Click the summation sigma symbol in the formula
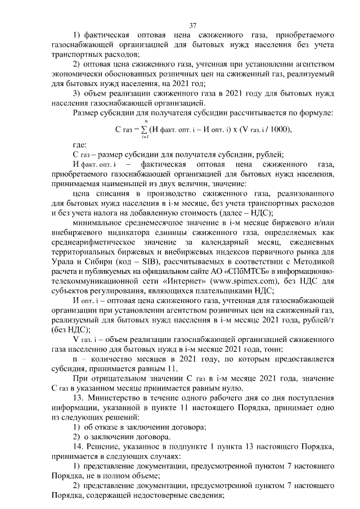pos(146,130)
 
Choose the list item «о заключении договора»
pos(130,437)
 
